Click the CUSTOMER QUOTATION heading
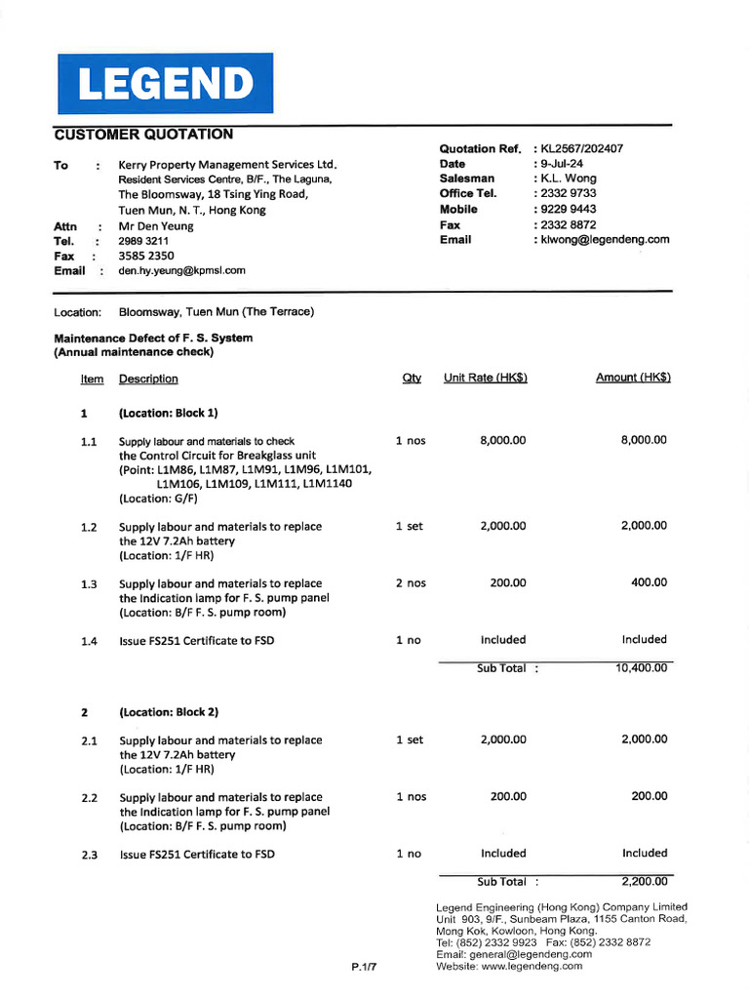click(143, 135)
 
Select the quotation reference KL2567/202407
click(582, 148)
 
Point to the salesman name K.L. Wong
click(569, 179)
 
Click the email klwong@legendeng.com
click(605, 239)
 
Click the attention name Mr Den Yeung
click(156, 225)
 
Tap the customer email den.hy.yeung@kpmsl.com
click(181, 270)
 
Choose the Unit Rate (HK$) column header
click(485, 378)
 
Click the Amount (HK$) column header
click(633, 378)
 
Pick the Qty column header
click(411, 378)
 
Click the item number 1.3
click(89, 584)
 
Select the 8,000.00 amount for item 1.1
click(644, 440)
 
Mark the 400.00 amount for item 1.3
click(650, 582)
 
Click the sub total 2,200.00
click(644, 881)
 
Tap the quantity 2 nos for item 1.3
click(411, 582)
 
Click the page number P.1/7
click(364, 967)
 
